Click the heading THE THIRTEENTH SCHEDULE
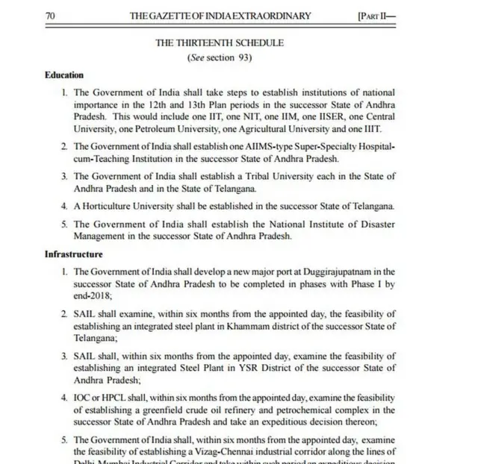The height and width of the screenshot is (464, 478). coord(219,43)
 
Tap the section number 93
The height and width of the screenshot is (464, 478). coord(243,57)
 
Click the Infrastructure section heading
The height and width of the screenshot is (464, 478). coord(73,254)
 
